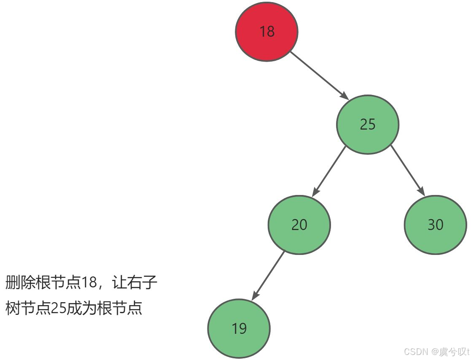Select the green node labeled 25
(x=367, y=124)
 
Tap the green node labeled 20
(x=299, y=225)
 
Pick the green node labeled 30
(x=435, y=225)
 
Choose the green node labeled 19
(x=239, y=328)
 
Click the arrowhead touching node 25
(x=343, y=95)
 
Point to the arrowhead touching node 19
(x=255, y=296)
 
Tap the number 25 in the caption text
(x=59, y=309)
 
